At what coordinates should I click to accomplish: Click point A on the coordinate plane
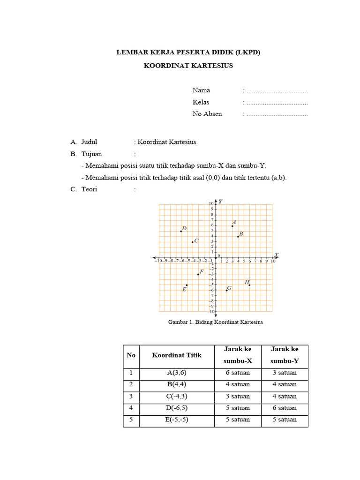click(x=232, y=226)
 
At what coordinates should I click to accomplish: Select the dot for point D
click(x=181, y=231)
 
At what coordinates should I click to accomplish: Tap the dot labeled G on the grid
click(x=227, y=291)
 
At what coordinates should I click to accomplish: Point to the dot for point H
click(x=249, y=285)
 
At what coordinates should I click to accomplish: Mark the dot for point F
click(x=198, y=274)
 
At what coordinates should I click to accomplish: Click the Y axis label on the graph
click(x=220, y=201)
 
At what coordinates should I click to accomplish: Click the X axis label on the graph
click(x=277, y=255)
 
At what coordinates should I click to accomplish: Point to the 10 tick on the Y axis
click(x=211, y=203)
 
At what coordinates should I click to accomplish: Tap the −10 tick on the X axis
click(x=158, y=262)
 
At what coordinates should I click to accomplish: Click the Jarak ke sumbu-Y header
click(x=284, y=355)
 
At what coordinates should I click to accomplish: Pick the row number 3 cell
click(x=131, y=396)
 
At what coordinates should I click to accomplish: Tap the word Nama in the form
click(x=201, y=90)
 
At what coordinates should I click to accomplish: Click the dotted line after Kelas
click(x=277, y=102)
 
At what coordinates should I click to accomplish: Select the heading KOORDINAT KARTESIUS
click(x=188, y=66)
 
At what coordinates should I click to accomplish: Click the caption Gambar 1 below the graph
click(x=215, y=322)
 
